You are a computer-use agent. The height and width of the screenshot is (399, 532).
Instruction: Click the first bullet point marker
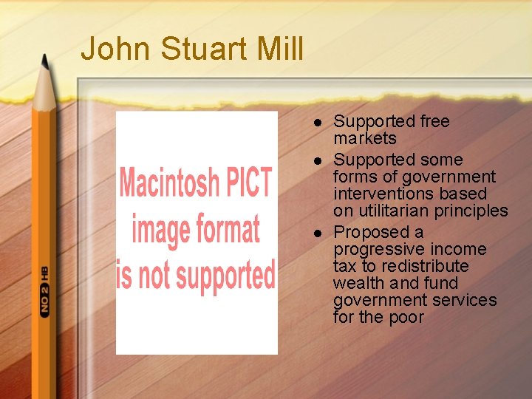click(317, 122)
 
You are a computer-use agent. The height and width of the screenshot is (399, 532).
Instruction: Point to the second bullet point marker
click(317, 160)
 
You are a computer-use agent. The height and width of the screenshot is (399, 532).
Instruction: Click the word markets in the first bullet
click(365, 139)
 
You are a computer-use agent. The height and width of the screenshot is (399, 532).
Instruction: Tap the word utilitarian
click(396, 211)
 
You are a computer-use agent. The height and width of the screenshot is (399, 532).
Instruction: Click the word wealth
click(358, 283)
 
